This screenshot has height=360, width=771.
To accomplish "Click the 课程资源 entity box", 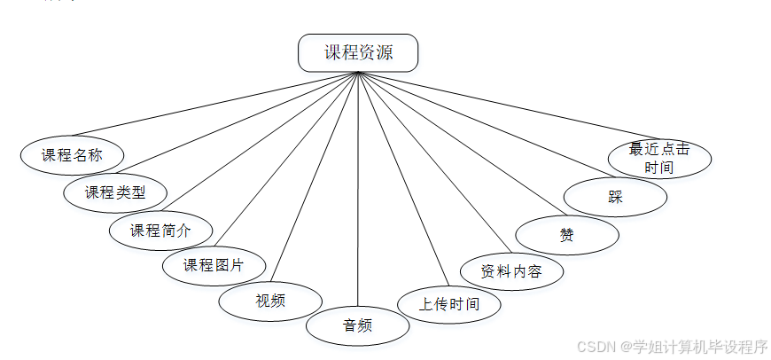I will (x=358, y=52).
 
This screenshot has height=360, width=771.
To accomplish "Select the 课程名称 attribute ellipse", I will (x=72, y=154).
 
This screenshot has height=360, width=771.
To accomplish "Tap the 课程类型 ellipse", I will (x=115, y=192).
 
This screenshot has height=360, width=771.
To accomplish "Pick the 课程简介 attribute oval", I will (x=160, y=230).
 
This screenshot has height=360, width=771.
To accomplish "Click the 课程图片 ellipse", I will (x=213, y=264).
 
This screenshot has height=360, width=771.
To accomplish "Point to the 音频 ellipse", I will (x=357, y=325).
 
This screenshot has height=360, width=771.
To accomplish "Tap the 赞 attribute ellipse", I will (x=566, y=235).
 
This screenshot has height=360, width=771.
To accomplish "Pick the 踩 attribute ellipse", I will (x=615, y=197).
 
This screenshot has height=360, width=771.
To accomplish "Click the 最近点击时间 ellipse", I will (x=658, y=159).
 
